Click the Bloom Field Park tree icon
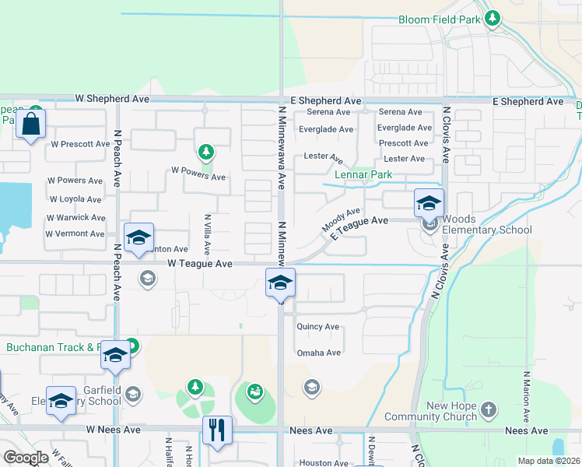click(x=492, y=18)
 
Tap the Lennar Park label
click(x=363, y=175)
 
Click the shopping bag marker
click(x=30, y=124)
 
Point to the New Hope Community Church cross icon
click(x=488, y=409)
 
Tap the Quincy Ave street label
click(x=317, y=327)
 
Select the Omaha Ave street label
click(x=318, y=353)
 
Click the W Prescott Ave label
click(x=80, y=144)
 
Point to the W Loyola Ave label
click(x=75, y=199)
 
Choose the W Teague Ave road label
click(x=200, y=265)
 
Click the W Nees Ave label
click(x=113, y=430)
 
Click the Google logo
click(x=26, y=458)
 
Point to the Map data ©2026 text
click(x=548, y=461)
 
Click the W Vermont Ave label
click(x=75, y=233)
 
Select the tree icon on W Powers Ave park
click(x=205, y=151)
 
